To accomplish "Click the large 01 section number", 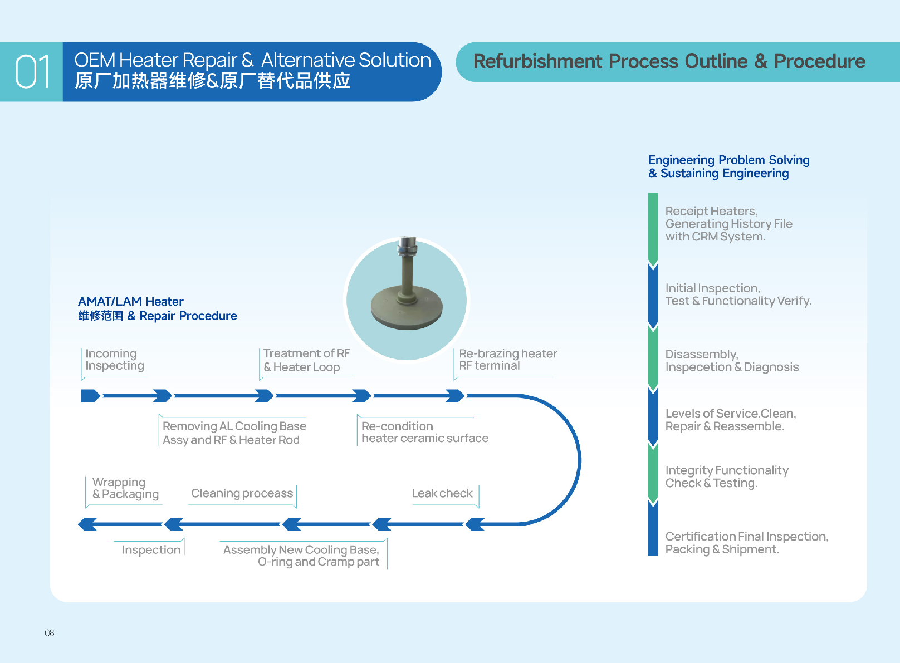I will coord(32,72).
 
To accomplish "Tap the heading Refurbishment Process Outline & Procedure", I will coord(669,61).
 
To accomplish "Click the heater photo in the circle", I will coord(407,298).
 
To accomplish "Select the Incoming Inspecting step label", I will coord(115,360).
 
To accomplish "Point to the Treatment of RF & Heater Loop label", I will coord(306,360).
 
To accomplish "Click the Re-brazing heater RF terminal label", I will coord(507,360).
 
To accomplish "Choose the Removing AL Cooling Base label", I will coord(234,433).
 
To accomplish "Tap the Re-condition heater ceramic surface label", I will coord(424,433).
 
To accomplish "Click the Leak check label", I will coord(442,493).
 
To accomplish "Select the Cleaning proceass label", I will coord(242,493).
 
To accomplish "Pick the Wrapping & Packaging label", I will coord(125,488).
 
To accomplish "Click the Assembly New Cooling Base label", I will coord(301,556).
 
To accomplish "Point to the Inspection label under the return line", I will coord(151,550).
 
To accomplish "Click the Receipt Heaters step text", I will coord(728,224).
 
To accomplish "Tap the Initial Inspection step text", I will coord(738,295).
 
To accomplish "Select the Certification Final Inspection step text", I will coord(746,543).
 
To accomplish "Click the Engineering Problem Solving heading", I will coord(728,166).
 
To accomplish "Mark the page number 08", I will coord(50,633).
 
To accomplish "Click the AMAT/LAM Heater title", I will coord(131,301).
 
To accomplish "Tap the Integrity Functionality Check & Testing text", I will coord(726,477).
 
